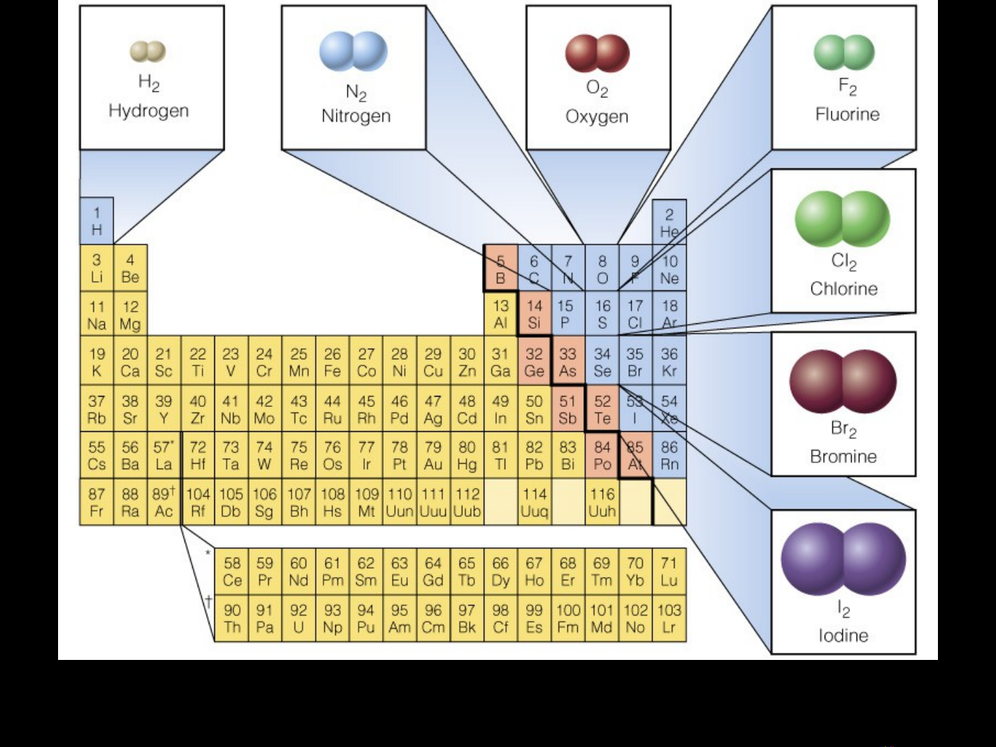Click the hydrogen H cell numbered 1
tap(97, 221)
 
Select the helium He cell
tap(669, 223)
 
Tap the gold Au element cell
tap(433, 456)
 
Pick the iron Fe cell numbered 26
tap(332, 363)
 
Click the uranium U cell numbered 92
tap(299, 619)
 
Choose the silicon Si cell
tap(534, 314)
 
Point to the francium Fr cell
tap(97, 503)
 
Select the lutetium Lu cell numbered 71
tap(669, 572)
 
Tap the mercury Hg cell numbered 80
tap(467, 456)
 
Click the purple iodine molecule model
tap(843, 559)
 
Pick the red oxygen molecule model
tap(597, 53)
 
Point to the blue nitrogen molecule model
tap(353, 51)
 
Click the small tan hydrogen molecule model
tap(148, 51)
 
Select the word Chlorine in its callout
tap(844, 289)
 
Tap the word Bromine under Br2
tap(843, 456)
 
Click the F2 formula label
tap(847, 87)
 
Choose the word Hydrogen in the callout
tap(149, 111)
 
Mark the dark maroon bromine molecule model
tap(843, 381)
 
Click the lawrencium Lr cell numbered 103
tap(669, 619)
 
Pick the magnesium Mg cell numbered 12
tap(130, 315)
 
